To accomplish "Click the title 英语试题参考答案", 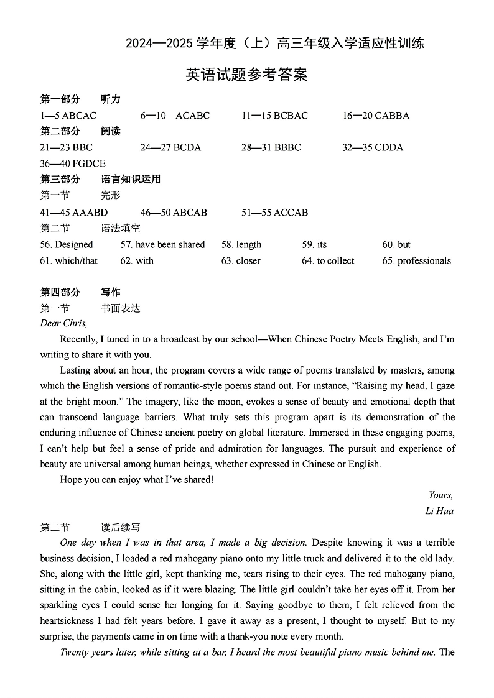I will [247, 75].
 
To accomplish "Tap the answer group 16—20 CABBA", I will [376, 116].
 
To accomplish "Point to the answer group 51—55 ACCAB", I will [274, 213].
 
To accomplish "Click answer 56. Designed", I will [66, 245].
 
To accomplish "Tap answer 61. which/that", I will [68, 261].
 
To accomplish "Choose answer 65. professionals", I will [416, 261].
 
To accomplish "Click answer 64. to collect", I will [328, 261].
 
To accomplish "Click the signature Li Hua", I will [439, 512].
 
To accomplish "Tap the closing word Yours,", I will [440, 495].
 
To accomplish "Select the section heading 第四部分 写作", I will [80, 292].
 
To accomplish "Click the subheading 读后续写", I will [121, 528].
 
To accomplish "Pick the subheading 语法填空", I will [121, 229].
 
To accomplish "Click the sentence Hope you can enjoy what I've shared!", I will [137, 479].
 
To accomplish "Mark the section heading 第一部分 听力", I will [80, 99].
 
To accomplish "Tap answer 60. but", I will [396, 245].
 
